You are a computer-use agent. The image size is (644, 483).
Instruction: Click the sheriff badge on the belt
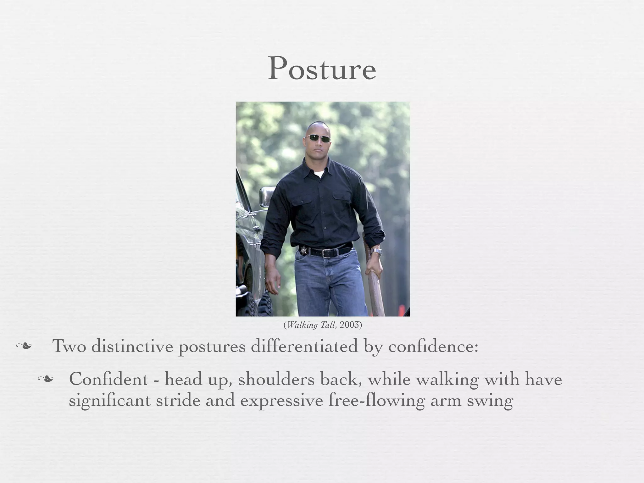point(304,251)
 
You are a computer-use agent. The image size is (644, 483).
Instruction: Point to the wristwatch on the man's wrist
point(376,252)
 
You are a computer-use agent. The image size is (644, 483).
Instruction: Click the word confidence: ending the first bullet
point(433,347)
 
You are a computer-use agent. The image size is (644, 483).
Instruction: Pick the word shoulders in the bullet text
point(276,379)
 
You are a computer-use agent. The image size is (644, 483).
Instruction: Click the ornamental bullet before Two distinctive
point(24,346)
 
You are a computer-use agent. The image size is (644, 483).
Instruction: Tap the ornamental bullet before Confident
point(45,379)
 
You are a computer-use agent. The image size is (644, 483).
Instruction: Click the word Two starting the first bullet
point(69,346)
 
